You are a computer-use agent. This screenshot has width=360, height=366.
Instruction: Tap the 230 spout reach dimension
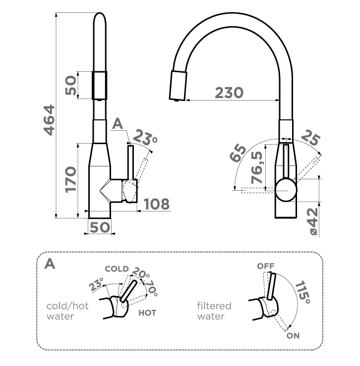pos(229,92)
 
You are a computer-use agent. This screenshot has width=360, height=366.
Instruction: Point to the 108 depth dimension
pos(156,203)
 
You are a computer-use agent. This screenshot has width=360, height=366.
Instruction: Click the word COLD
pos(117,269)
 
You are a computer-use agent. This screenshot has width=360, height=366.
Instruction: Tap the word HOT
pos(147,313)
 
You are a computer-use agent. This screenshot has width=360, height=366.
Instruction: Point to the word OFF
pos(265,266)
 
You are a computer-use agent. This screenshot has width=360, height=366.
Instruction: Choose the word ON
pos(293,335)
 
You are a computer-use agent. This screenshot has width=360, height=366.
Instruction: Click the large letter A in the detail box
pos(50,263)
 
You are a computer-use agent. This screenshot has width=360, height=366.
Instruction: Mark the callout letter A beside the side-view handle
pos(118,124)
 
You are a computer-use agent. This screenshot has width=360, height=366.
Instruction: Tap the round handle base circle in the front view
pos(286,190)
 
